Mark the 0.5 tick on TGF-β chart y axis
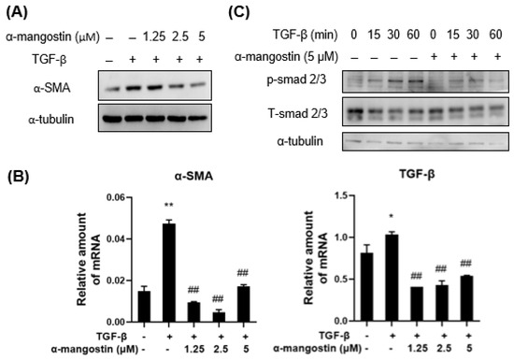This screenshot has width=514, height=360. click(x=342, y=279)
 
